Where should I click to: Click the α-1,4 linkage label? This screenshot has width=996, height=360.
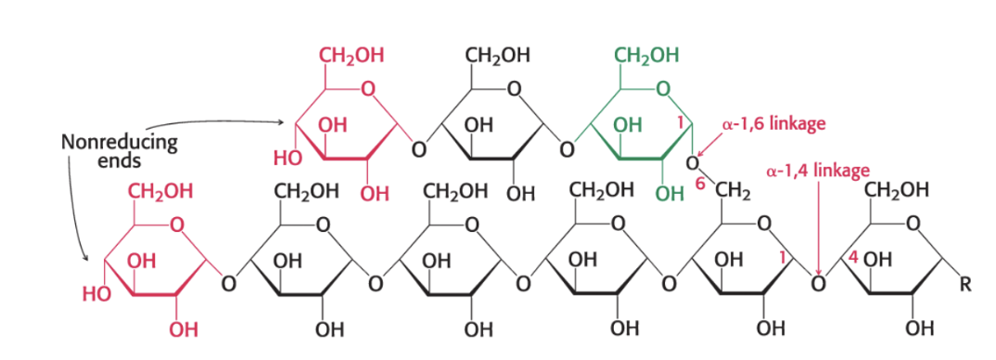(x=818, y=171)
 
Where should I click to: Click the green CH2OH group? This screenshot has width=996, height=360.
(x=646, y=55)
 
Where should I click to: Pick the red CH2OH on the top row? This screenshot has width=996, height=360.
(x=351, y=55)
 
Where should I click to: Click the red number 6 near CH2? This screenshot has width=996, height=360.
(x=700, y=185)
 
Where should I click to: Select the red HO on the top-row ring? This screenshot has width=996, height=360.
(x=286, y=159)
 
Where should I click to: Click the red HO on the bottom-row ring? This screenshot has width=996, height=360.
(x=96, y=295)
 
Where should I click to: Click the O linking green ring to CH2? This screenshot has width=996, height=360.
(x=691, y=164)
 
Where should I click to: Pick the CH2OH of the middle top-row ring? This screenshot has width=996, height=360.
(x=498, y=55)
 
